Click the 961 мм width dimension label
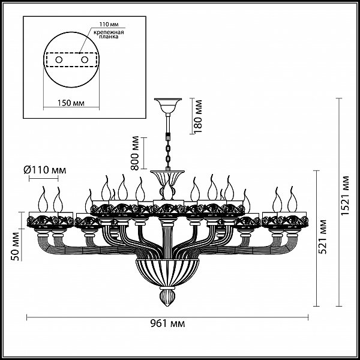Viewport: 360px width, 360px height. (167, 324)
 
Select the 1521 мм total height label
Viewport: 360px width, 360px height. (345, 196)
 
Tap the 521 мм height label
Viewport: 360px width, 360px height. (323, 237)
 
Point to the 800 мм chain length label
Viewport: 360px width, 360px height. (135, 154)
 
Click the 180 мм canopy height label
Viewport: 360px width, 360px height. (197, 116)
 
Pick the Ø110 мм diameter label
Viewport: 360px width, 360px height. (45, 170)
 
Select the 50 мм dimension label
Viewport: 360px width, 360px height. (16, 247)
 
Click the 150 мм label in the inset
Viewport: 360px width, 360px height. (71, 103)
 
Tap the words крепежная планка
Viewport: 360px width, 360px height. (109, 34)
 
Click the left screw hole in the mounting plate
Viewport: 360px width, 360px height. (59, 60)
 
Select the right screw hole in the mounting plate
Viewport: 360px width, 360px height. (85, 60)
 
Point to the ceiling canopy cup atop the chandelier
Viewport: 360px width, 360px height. (168, 106)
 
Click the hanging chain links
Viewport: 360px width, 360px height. (169, 151)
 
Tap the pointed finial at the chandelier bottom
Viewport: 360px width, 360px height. (167, 298)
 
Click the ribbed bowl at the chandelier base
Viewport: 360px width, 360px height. (167, 272)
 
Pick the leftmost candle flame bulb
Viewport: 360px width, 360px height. (43, 200)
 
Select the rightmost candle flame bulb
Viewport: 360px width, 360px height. (292, 200)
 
